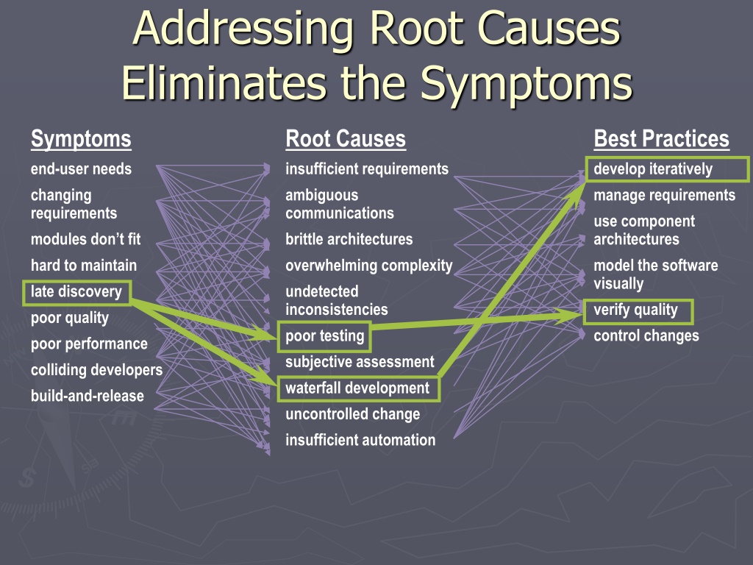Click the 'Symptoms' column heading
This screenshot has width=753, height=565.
point(81,139)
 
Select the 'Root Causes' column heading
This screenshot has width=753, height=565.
point(346,139)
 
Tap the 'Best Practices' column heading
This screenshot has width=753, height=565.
point(661,139)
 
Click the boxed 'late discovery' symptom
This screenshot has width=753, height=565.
point(76,292)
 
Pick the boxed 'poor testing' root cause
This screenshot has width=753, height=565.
point(324,335)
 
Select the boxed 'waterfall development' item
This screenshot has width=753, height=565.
point(358,388)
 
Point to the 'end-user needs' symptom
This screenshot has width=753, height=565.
point(81,169)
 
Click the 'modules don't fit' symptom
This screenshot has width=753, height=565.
point(85,239)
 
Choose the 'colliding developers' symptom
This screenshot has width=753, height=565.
point(96,370)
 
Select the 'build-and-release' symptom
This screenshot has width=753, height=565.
point(88,396)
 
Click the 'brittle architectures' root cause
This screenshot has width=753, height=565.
point(349,239)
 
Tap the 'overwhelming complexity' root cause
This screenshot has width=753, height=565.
point(369,266)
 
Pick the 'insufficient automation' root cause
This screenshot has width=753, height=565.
point(360,440)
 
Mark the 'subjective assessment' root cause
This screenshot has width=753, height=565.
point(360,362)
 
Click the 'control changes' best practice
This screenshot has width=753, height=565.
point(646,335)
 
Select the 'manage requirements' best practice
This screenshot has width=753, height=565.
point(664,196)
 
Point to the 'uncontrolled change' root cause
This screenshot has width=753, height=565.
point(352,414)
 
